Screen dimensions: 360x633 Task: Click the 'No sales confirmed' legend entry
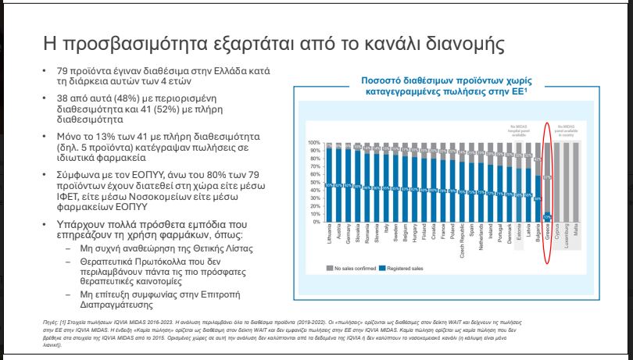(x=352, y=269)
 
